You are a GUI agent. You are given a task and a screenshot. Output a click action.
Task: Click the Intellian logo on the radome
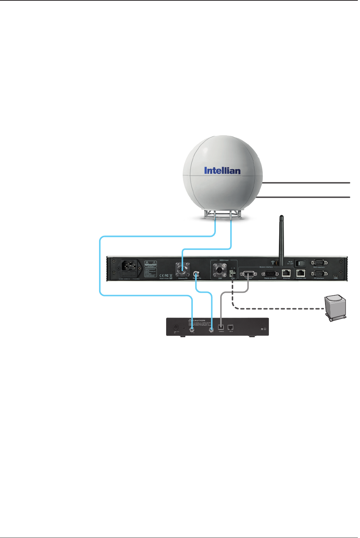222,171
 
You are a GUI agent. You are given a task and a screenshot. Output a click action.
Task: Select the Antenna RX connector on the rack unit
183,269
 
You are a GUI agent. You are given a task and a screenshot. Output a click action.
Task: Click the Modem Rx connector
197,273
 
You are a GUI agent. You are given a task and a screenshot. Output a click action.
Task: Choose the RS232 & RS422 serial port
272,273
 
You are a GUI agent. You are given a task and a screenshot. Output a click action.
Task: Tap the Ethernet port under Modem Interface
286,273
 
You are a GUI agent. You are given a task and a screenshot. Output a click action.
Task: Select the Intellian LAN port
301,273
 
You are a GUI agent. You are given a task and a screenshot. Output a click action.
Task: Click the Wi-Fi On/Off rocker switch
300,263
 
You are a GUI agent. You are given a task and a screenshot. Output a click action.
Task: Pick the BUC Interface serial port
319,263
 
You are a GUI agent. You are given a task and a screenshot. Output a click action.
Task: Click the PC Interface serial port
319,274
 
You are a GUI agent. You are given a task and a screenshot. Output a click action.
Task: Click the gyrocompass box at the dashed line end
335,307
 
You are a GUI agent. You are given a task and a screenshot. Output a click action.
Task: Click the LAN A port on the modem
231,327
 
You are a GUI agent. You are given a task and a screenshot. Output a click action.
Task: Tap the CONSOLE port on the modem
221,327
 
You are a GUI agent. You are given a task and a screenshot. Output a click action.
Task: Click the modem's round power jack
176,327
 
